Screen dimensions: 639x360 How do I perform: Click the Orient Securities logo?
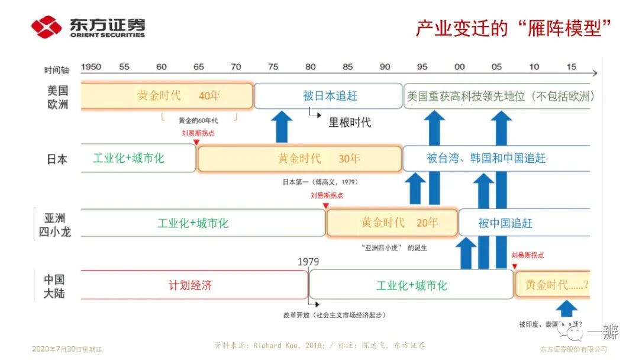pyautogui.click(x=88, y=27)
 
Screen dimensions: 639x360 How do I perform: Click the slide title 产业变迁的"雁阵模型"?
pyautogui.click(x=513, y=28)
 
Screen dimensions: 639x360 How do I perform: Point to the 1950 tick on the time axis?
pyautogui.click(x=91, y=67)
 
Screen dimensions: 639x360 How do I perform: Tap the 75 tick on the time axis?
pyautogui.click(x=273, y=67)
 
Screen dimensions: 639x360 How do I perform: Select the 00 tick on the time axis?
pyautogui.click(x=459, y=67)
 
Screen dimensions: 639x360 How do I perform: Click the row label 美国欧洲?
pyautogui.click(x=57, y=96)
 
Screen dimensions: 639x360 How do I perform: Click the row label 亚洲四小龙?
pyautogui.click(x=57, y=224)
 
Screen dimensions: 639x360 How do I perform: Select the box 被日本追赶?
pyautogui.click(x=329, y=96)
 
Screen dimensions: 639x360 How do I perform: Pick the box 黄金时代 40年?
pyautogui.click(x=167, y=96)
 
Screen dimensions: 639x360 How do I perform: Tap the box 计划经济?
pyautogui.click(x=190, y=285)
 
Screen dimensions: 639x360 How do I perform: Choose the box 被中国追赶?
pyautogui.click(x=505, y=223)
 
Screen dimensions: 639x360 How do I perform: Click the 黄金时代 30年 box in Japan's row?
pyautogui.click(x=299, y=159)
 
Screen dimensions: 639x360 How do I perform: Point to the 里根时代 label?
pyautogui.click(x=350, y=123)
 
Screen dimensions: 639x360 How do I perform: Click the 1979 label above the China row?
pyautogui.click(x=308, y=262)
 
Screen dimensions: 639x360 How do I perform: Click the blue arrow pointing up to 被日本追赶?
pyautogui.click(x=282, y=127)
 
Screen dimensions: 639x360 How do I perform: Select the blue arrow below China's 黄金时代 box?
pyautogui.click(x=566, y=308)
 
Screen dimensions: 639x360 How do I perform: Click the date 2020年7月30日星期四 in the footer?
pyautogui.click(x=67, y=349)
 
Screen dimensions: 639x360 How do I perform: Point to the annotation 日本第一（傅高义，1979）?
pyautogui.click(x=320, y=182)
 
